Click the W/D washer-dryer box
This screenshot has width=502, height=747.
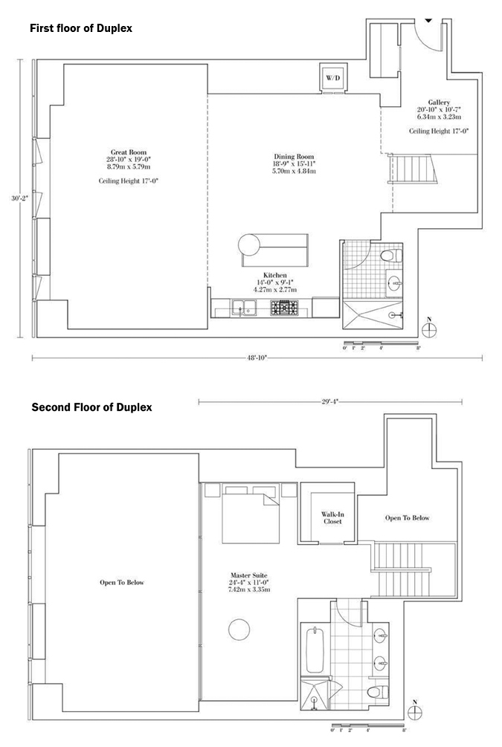click(x=333, y=77)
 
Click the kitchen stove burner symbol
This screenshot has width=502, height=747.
click(x=284, y=308)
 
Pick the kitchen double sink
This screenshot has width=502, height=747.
click(x=244, y=308)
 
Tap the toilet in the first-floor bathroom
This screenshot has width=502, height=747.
click(x=391, y=256)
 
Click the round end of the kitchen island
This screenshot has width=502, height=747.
click(x=249, y=245)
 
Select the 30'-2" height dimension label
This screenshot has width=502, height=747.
click(x=20, y=198)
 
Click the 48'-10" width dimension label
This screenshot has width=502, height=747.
click(x=257, y=358)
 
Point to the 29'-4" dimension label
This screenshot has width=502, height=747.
click(x=329, y=401)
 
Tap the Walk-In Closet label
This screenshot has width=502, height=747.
click(x=332, y=518)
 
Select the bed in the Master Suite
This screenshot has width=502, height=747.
click(x=251, y=514)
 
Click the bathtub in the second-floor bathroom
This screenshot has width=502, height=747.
click(x=315, y=651)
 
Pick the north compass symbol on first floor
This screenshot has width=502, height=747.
click(x=430, y=329)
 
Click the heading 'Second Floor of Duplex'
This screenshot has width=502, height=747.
click(x=92, y=407)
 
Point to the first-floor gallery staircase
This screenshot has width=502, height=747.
click(x=412, y=169)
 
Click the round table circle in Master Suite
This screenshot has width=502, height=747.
click(x=239, y=630)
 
